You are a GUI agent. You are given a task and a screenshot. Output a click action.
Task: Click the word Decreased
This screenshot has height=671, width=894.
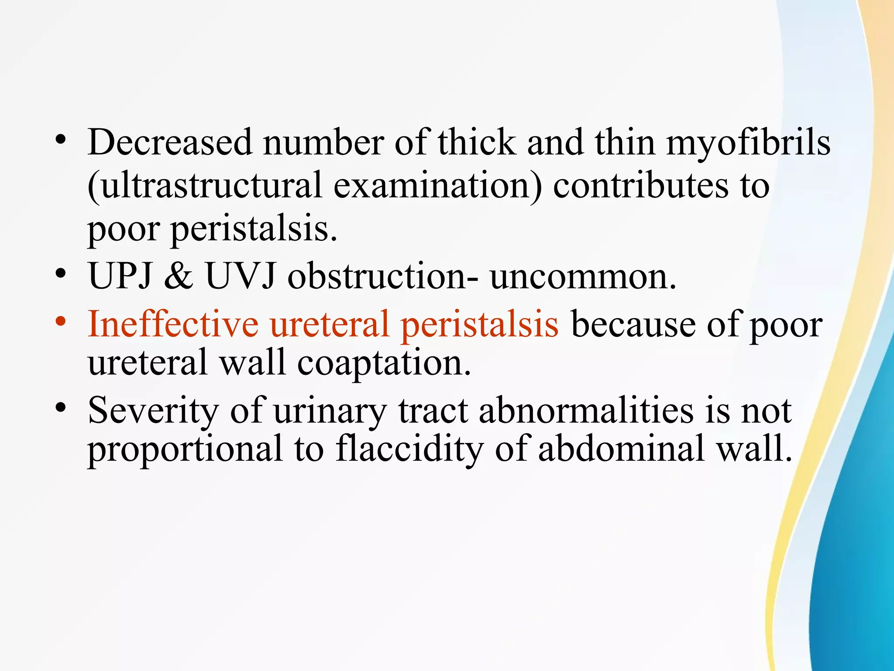[x=170, y=142]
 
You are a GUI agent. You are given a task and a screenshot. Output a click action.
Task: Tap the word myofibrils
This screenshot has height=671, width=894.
[x=748, y=142]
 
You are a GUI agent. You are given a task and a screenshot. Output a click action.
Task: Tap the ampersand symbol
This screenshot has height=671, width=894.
[x=179, y=277]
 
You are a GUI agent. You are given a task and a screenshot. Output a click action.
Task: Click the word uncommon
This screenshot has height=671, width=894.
[x=583, y=277]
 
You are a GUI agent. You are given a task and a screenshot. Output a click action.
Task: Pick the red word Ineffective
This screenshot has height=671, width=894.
[x=173, y=324]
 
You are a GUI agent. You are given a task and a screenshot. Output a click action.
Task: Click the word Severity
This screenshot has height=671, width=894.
[x=153, y=411]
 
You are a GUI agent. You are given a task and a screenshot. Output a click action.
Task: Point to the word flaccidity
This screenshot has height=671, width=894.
[x=409, y=449]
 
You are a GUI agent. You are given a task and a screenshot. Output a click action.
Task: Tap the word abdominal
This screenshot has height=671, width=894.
[x=621, y=449]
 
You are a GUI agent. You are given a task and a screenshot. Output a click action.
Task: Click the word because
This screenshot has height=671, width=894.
[x=633, y=324]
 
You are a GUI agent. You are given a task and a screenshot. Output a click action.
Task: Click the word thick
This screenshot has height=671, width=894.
[x=477, y=142]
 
